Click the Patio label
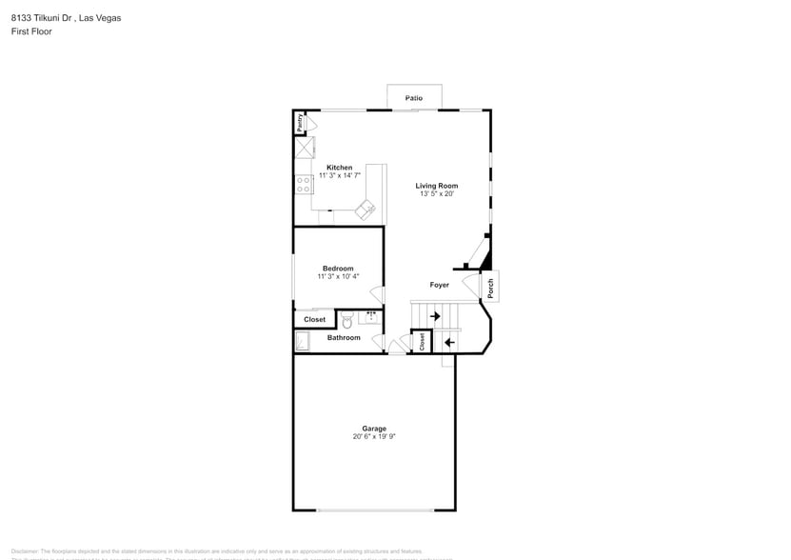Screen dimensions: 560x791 (413, 98)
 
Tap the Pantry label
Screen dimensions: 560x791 (300, 122)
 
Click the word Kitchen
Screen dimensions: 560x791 (339, 168)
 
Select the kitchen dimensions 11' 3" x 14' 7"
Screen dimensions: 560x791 (339, 176)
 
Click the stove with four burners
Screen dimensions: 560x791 (304, 184)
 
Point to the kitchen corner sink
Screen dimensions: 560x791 (366, 209)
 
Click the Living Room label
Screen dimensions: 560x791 (437, 186)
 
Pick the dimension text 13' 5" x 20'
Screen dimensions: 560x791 (437, 194)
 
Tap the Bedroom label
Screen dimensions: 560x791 (338, 269)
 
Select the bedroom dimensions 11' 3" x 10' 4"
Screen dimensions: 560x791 (338, 277)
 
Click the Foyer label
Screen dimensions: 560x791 (439, 285)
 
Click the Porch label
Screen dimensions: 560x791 (491, 286)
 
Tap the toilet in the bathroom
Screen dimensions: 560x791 (346, 321)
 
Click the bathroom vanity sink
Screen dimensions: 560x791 (371, 315)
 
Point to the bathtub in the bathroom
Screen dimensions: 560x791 (303, 341)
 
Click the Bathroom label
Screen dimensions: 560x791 (344, 338)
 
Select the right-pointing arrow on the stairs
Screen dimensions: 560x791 (435, 315)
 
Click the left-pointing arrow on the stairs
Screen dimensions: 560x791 (448, 342)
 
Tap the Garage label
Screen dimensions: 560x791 (373, 429)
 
